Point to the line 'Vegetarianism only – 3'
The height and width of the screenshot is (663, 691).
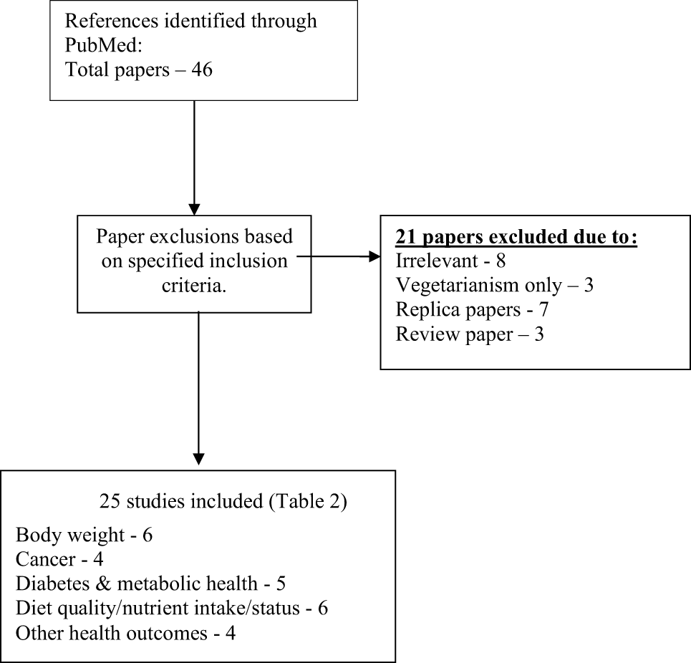click(493, 285)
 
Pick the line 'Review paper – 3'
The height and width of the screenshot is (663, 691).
click(469, 334)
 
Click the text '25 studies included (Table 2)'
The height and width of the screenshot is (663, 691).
click(223, 502)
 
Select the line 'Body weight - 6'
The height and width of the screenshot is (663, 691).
click(84, 535)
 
